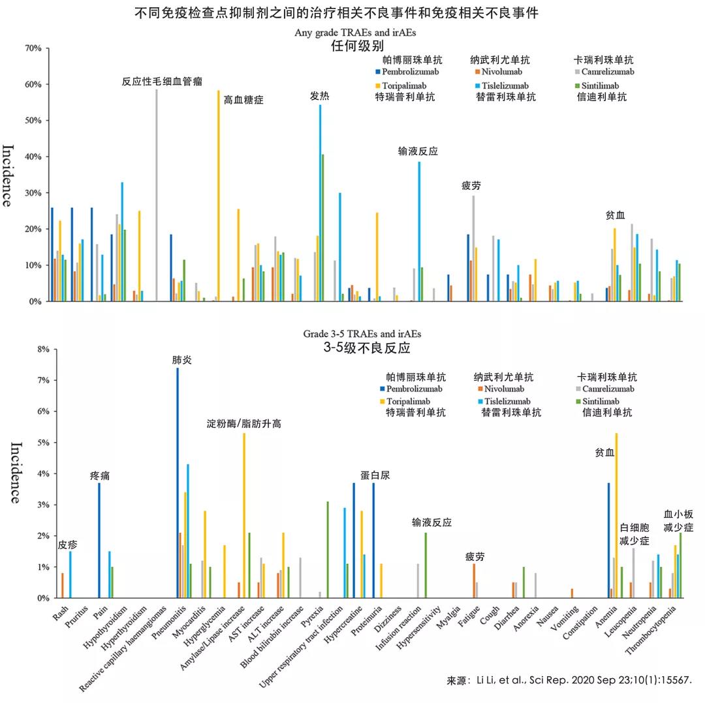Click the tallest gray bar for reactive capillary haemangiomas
(x=156, y=196)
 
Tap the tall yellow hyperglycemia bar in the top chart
(x=219, y=196)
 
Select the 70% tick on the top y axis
(x=33, y=48)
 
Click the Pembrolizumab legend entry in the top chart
(x=405, y=72)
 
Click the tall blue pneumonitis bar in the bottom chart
(x=177, y=483)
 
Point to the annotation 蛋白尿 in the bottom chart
(x=375, y=475)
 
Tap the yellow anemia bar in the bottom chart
(x=616, y=515)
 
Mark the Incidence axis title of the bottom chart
(x=14, y=473)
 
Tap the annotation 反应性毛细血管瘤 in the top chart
(x=162, y=82)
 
